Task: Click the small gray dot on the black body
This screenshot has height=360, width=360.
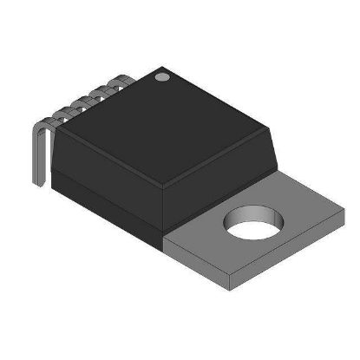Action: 160,78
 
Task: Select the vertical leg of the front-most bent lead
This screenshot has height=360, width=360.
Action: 37,156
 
